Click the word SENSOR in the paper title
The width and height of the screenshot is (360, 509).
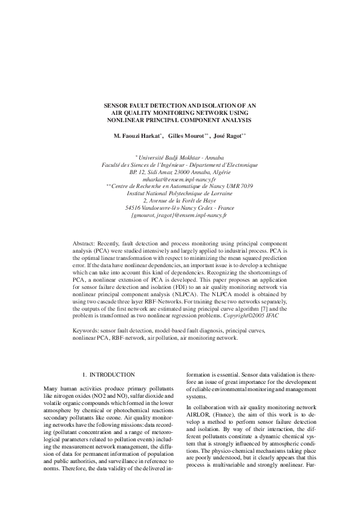coord(116,105)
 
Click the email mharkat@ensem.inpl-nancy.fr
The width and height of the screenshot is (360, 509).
coord(179,180)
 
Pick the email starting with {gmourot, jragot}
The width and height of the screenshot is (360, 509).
coord(179,215)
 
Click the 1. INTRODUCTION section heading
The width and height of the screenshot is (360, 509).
coord(109,375)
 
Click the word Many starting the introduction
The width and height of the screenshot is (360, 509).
coord(53,387)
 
